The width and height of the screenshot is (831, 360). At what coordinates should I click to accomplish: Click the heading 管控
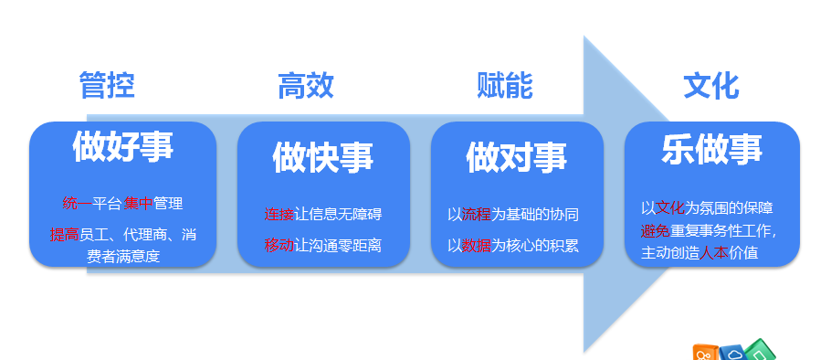107,85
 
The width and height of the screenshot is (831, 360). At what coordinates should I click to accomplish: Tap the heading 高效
306,85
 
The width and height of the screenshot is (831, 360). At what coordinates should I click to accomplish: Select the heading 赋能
504,85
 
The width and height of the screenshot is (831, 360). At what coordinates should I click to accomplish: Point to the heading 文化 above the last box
711,85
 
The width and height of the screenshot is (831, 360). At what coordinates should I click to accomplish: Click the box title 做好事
123,146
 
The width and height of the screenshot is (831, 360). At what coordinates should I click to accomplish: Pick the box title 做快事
323,157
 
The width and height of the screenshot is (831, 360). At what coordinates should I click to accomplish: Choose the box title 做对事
517,157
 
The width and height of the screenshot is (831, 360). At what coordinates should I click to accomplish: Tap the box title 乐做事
711,149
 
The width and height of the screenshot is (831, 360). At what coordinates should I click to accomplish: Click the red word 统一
78,203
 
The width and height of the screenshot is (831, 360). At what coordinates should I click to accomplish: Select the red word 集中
138,203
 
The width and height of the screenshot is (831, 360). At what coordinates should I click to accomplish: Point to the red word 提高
65,234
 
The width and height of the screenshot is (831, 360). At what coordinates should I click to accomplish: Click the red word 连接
279,214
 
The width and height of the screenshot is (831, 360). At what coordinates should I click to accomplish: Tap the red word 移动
279,246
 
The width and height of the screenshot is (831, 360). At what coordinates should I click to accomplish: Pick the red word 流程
477,214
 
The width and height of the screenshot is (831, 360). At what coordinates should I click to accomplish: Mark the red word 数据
477,246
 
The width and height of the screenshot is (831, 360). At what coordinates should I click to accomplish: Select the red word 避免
656,231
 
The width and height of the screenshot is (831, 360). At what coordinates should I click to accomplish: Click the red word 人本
714,253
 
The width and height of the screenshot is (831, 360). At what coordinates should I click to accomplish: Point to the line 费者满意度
123,257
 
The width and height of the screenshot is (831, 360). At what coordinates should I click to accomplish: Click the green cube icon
760,351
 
